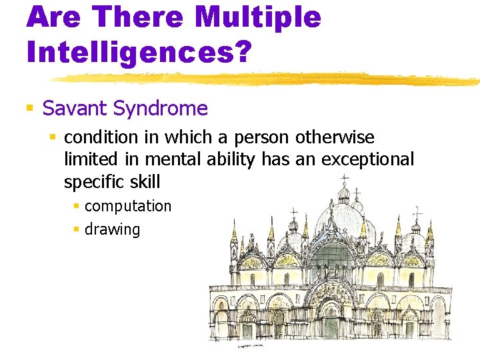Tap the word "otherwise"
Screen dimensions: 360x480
[x=335, y=138]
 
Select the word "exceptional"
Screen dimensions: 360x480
[x=367, y=160]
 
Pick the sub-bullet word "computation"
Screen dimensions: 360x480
[x=128, y=206]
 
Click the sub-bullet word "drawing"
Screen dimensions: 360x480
[x=113, y=230]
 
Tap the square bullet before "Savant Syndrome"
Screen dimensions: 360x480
[x=29, y=108]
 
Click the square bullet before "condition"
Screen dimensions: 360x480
[x=53, y=138]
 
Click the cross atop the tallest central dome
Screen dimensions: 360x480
[x=344, y=179]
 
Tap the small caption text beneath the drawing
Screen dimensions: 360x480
[x=251, y=346]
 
